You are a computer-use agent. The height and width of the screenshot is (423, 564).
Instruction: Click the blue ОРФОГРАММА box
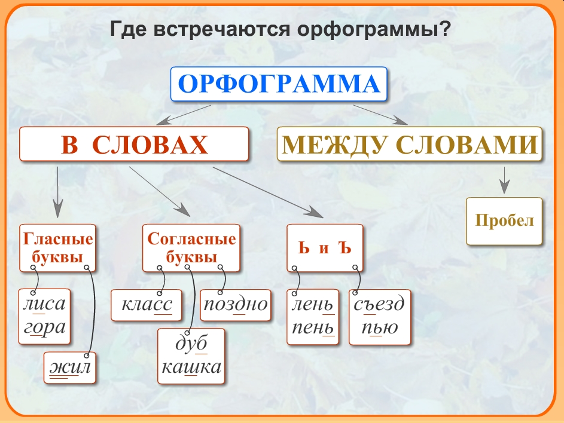(279, 84)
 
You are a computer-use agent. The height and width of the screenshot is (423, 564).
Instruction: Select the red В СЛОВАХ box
(134, 144)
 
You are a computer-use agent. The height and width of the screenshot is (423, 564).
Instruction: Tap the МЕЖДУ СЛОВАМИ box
(409, 144)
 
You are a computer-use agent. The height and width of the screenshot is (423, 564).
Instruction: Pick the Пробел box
(504, 221)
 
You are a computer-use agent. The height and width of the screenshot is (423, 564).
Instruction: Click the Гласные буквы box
(57, 247)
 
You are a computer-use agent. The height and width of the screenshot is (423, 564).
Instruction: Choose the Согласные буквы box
(191, 247)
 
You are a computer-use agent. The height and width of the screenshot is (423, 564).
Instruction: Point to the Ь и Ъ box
(325, 247)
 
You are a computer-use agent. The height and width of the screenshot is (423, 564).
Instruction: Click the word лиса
(44, 304)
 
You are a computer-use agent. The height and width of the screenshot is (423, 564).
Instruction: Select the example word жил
(70, 367)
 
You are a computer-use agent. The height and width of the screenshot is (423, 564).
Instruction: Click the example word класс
(147, 305)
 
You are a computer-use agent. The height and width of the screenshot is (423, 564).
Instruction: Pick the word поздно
(236, 304)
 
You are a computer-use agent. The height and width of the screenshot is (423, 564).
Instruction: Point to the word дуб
(191, 343)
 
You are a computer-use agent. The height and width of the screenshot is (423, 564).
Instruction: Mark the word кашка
(191, 367)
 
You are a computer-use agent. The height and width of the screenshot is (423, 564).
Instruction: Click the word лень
(312, 305)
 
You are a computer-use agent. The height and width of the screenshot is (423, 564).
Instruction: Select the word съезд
(379, 304)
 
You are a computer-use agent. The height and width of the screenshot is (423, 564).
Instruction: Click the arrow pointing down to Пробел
(504, 180)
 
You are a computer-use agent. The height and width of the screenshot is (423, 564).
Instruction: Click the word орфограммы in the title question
(374, 29)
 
